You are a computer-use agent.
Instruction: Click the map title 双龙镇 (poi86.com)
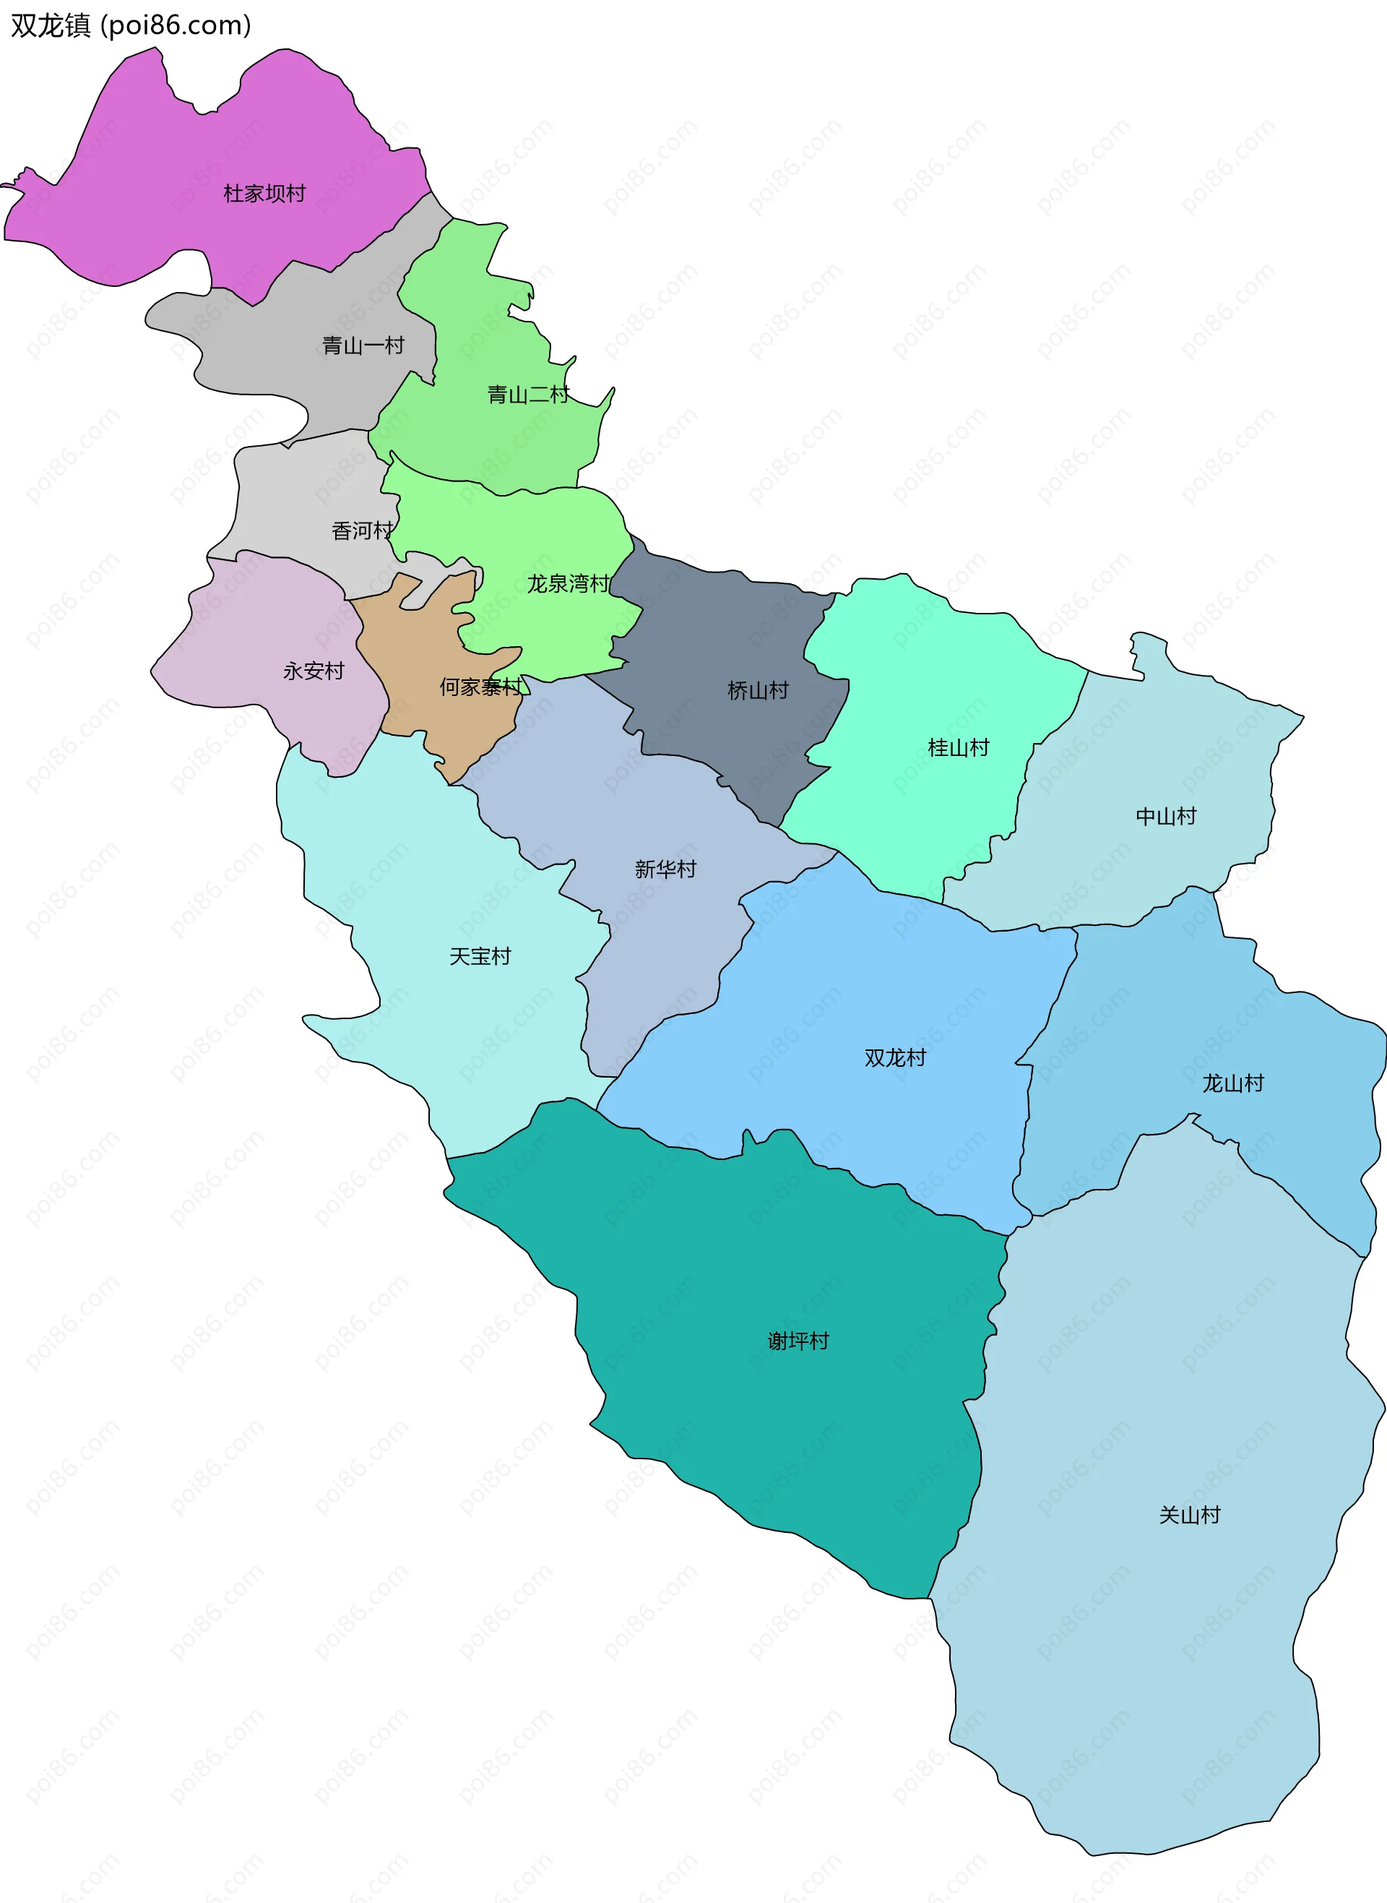click(x=131, y=26)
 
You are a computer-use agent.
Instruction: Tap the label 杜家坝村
click(x=264, y=194)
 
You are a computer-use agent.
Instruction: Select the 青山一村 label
click(x=363, y=345)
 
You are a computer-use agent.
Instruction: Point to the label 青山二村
click(x=528, y=394)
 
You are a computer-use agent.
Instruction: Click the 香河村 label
click(x=363, y=530)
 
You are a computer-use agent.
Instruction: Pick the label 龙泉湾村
click(x=569, y=584)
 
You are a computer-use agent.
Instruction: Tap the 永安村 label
click(x=314, y=671)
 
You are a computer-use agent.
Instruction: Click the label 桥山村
click(x=758, y=690)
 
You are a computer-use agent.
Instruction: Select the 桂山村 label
click(x=959, y=747)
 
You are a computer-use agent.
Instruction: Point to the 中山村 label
click(x=1166, y=816)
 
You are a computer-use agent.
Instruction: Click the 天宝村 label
click(x=480, y=956)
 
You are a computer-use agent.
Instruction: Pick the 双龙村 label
click(x=896, y=1058)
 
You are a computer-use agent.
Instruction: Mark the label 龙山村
click(x=1233, y=1083)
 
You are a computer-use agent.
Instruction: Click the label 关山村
click(x=1190, y=1515)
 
